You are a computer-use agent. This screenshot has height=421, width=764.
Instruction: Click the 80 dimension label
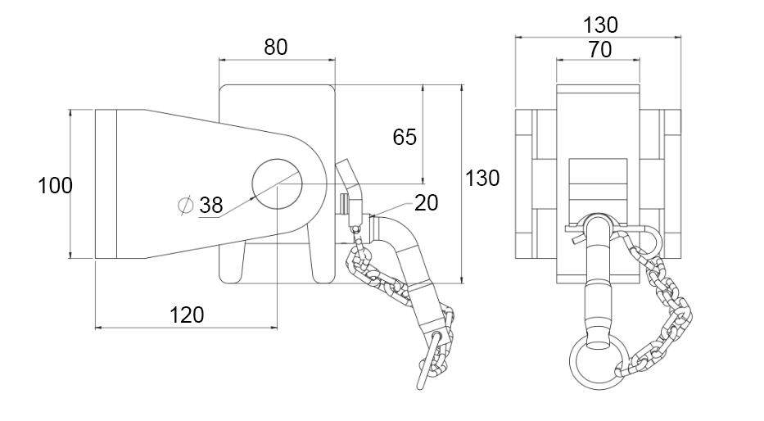(276, 47)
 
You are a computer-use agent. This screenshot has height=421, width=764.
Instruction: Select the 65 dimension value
(405, 136)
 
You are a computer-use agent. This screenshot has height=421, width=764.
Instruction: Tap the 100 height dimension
(56, 186)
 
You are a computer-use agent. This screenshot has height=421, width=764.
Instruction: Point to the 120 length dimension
(186, 314)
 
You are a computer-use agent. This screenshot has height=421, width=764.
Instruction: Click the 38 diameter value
(211, 206)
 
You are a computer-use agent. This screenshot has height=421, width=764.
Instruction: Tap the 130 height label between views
(482, 178)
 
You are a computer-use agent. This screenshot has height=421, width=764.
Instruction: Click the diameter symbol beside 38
(185, 205)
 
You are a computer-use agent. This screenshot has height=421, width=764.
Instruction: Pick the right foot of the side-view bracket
(322, 262)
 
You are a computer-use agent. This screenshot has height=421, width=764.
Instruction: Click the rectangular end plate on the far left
(106, 184)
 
